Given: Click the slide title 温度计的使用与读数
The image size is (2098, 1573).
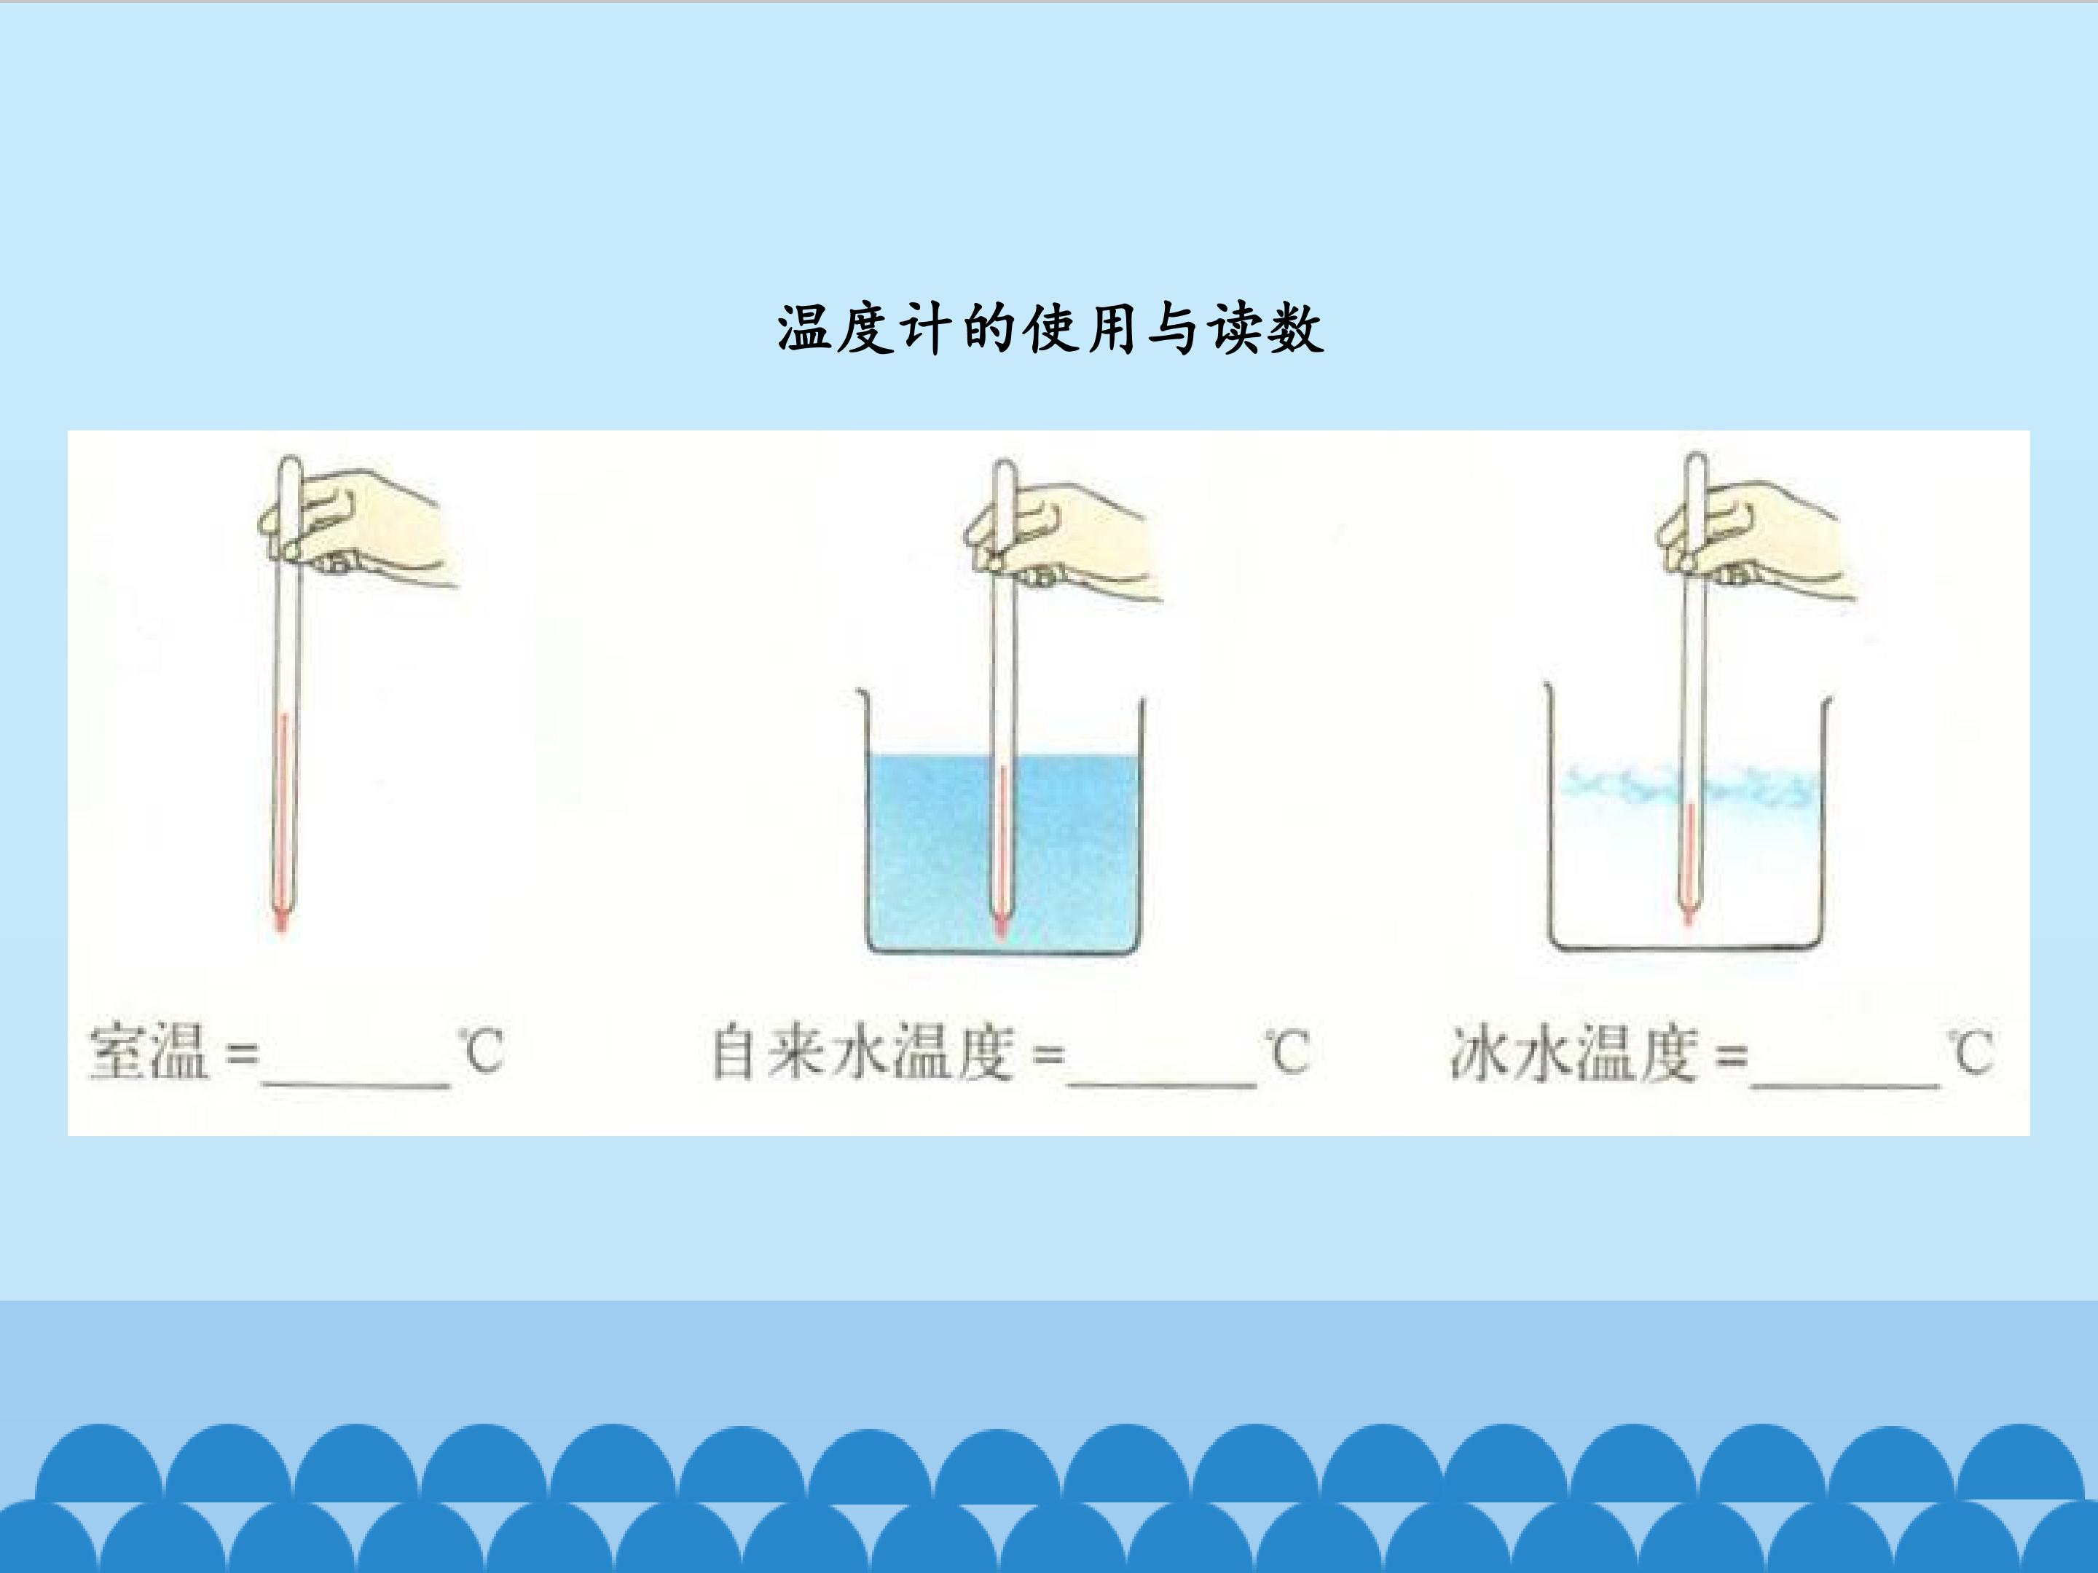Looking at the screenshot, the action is [x=1050, y=329].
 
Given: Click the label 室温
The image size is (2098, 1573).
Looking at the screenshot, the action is [x=149, y=1052].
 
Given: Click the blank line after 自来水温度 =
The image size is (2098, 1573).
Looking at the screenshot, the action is [x=1162, y=1084].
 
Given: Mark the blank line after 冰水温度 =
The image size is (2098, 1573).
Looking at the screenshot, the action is [x=1844, y=1084].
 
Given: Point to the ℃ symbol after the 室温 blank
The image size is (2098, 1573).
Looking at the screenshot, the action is [x=481, y=1052].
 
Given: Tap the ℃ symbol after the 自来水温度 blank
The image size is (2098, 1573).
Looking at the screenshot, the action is [x=1287, y=1052].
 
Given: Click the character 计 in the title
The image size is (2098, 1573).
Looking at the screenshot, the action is [x=920, y=329].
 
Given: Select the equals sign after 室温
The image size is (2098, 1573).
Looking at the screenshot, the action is [x=242, y=1054].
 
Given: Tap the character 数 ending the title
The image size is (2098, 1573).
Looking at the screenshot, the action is [x=1296, y=329].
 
